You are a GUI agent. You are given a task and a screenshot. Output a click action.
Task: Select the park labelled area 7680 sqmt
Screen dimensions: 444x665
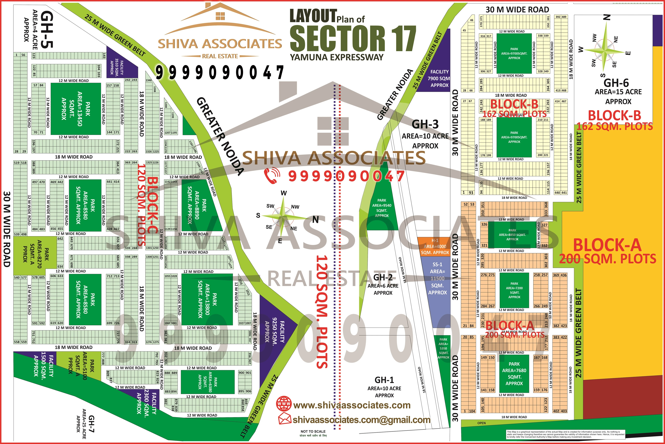tap(514, 374)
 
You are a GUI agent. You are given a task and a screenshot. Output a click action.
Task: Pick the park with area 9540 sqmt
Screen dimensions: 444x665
tap(382, 208)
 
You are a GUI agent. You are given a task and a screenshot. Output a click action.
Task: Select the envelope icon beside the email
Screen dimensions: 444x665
tap(284, 419)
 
